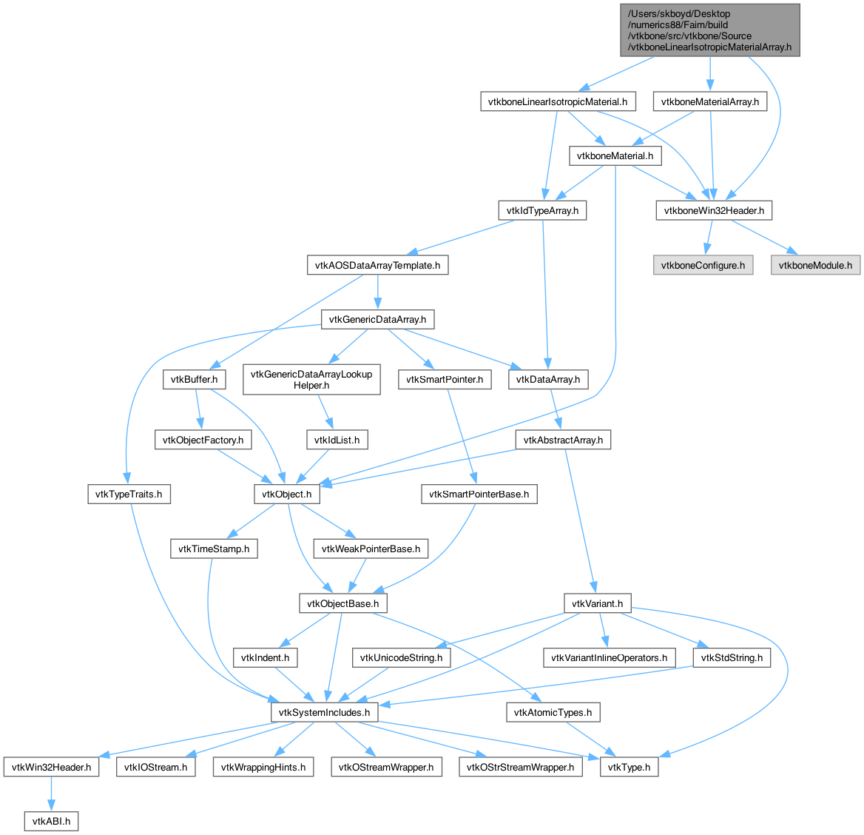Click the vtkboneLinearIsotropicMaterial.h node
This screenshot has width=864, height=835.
pyautogui.click(x=558, y=101)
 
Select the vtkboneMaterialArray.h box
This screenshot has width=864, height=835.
pyautogui.click(x=709, y=101)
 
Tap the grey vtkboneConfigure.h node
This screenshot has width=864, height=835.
pyautogui.click(x=703, y=265)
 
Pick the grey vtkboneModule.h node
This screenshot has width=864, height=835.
pyautogui.click(x=815, y=265)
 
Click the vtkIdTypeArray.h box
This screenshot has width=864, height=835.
pyautogui.click(x=542, y=211)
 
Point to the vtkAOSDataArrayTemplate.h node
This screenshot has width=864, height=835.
pyautogui.click(x=377, y=265)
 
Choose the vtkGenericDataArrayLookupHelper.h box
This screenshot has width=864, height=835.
pyautogui.click(x=311, y=380)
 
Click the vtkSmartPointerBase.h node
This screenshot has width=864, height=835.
pyautogui.click(x=479, y=494)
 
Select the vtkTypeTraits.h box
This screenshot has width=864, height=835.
pyautogui.click(x=129, y=494)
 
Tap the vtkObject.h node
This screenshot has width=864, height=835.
pyautogui.click(x=286, y=494)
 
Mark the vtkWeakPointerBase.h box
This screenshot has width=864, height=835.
pyautogui.click(x=371, y=549)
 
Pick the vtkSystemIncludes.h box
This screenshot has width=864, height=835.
pyautogui.click(x=324, y=713)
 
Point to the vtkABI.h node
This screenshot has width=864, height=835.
pyautogui.click(x=51, y=821)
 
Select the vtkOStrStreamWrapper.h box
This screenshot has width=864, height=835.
pyautogui.click(x=520, y=767)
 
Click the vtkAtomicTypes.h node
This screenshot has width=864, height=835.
pyautogui.click(x=553, y=713)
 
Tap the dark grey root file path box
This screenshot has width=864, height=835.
pyautogui.click(x=709, y=30)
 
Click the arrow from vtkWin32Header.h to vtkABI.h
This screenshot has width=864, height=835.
pyautogui.click(x=51, y=794)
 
